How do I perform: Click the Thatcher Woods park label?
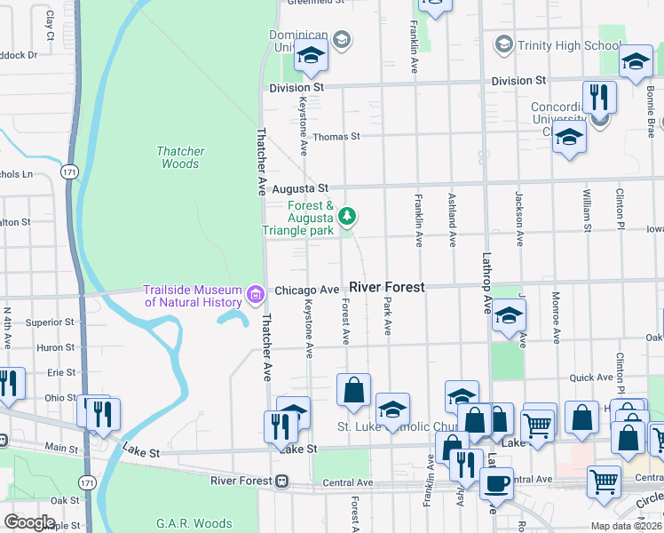(x=180, y=157)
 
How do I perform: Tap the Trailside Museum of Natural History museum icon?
(x=256, y=294)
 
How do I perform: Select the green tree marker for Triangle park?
(x=348, y=216)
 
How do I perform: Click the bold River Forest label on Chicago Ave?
(x=386, y=288)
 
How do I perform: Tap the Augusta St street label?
(x=300, y=189)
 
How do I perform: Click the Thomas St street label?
(x=336, y=137)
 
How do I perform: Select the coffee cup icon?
(x=496, y=482)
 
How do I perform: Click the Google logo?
(x=30, y=522)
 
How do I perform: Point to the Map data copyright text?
(x=627, y=526)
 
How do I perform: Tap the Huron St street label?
(x=56, y=347)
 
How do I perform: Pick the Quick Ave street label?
(x=591, y=378)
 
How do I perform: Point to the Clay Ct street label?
(x=50, y=27)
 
